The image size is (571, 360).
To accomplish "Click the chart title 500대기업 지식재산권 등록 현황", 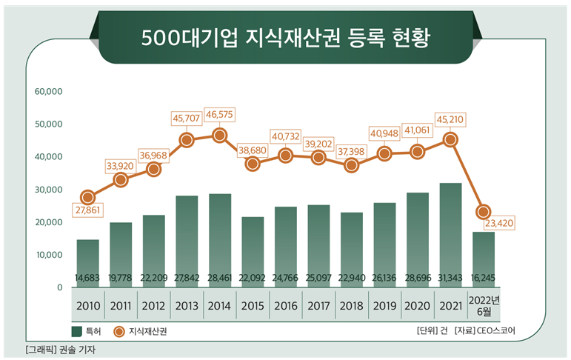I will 285,36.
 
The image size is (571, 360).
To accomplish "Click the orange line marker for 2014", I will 219,136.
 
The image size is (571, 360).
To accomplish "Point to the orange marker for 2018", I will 351,165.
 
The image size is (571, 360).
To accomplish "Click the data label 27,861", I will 87,211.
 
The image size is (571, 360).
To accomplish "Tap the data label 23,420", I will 498,221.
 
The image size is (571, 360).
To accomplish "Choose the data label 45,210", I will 450,118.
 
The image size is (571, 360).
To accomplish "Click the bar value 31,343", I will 450,278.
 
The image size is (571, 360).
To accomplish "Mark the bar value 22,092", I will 253,278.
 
